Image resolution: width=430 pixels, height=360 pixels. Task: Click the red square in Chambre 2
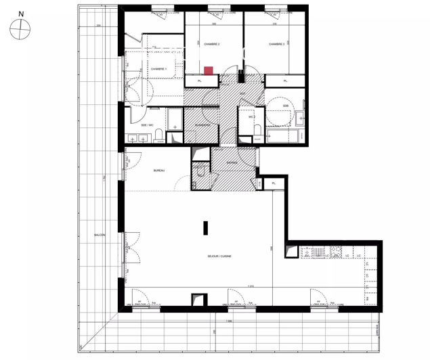[209, 70]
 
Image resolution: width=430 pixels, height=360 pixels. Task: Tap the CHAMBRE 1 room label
[158, 69]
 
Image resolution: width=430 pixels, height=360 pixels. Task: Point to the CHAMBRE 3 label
[276, 44]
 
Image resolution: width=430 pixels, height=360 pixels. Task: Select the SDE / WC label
[147, 125]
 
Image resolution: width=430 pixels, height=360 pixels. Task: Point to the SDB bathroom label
[286, 106]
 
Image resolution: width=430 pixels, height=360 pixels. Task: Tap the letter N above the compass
[22, 13]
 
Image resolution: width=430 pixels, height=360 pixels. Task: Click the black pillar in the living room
[206, 227]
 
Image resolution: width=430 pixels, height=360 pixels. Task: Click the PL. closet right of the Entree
[274, 183]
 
